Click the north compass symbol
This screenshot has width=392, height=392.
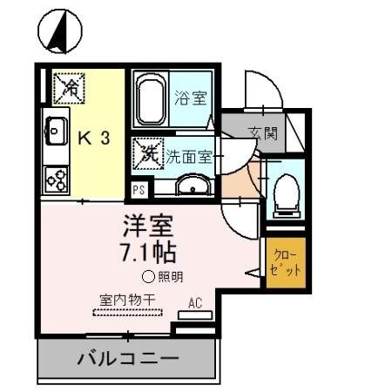point(59,32)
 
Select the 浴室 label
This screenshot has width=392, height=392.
point(190,97)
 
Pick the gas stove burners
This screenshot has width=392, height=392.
point(57,179)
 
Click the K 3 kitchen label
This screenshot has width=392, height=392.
point(94,137)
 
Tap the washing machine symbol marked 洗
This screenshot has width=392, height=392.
point(145,156)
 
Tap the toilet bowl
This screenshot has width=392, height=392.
point(285,194)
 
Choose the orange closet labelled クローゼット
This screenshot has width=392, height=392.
point(287,261)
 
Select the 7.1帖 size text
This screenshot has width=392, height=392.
point(148,253)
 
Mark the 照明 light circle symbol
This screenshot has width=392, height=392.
point(148,278)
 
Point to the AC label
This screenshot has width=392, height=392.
point(196,304)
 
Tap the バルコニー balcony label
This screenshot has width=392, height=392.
point(127,358)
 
